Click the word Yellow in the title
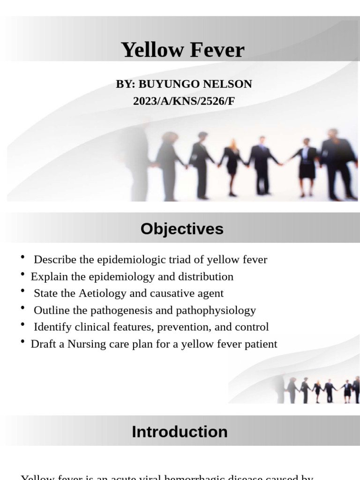[149, 50]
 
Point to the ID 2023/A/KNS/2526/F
[184, 100]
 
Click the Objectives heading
[182, 229]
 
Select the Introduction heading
[180, 432]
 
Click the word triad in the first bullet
[179, 259]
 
